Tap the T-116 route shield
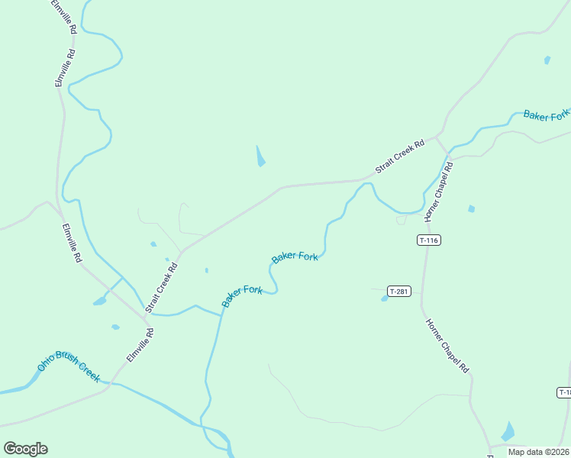point(429,240)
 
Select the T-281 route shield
point(398,291)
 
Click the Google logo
point(25,449)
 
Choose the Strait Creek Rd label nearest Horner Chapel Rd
point(399,156)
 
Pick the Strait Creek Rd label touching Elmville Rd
point(162,289)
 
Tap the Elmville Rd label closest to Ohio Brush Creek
point(140,345)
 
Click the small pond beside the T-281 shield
point(385,298)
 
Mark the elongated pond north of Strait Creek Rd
point(260,156)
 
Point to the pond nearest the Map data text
point(508,432)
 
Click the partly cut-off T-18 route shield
point(563,392)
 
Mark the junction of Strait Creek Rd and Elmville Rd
point(146,314)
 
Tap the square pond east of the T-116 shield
point(471,208)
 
